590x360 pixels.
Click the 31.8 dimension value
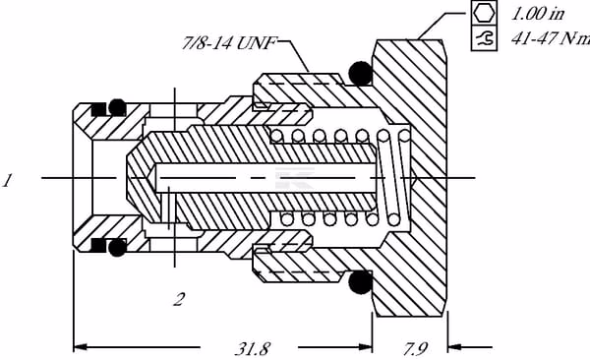pyautogui.click(x=252, y=349)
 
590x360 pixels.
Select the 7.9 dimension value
pyautogui.click(x=415, y=349)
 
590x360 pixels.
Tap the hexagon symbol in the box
pyautogui.click(x=484, y=13)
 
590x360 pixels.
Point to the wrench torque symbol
pyautogui.click(x=484, y=38)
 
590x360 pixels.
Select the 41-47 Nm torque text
pyautogui.click(x=551, y=38)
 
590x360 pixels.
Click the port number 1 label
pyautogui.click(x=8, y=180)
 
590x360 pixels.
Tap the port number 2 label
pyautogui.click(x=179, y=299)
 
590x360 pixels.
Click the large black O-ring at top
pyautogui.click(x=361, y=73)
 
